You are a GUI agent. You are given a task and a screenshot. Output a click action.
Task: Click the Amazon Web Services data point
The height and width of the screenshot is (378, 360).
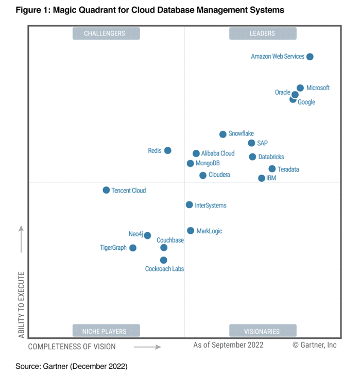click(310, 57)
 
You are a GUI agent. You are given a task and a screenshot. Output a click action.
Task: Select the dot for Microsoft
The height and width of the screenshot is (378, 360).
click(300, 88)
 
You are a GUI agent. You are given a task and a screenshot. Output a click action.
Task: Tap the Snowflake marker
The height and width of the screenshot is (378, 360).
click(223, 134)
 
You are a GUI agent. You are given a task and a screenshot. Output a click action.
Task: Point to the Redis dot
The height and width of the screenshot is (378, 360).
click(167, 150)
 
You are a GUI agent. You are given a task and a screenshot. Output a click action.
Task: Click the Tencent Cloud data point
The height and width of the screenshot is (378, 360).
click(106, 190)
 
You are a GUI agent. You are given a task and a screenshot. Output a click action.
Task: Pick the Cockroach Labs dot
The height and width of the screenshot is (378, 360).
click(164, 260)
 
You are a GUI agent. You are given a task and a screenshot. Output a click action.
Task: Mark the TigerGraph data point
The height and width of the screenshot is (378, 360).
click(133, 248)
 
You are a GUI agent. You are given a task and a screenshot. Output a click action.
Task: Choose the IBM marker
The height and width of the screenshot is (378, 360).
click(262, 178)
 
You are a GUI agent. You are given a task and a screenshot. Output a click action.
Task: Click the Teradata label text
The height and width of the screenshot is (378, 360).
click(288, 169)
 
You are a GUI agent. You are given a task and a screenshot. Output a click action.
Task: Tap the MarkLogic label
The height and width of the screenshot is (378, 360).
click(209, 231)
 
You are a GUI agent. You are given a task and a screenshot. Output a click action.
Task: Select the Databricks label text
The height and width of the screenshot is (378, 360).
click(271, 157)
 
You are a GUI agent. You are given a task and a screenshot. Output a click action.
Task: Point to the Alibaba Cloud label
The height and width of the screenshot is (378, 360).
click(218, 153)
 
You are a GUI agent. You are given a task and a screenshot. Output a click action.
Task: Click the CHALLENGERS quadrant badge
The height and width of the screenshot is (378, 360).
click(105, 33)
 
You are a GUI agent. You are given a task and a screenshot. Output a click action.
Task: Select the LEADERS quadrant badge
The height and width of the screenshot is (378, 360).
click(263, 33)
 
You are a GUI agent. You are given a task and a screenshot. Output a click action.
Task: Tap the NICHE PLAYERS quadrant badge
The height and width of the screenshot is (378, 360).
click(105, 331)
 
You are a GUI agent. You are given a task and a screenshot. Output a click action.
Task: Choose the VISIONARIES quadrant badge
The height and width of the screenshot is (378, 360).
click(263, 331)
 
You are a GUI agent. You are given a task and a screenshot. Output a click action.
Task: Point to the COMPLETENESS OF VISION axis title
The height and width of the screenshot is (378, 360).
click(72, 347)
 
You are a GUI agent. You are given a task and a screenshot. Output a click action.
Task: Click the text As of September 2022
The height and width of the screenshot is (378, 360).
click(228, 345)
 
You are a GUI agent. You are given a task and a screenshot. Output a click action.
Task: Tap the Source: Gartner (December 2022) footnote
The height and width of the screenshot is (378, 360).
click(71, 366)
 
